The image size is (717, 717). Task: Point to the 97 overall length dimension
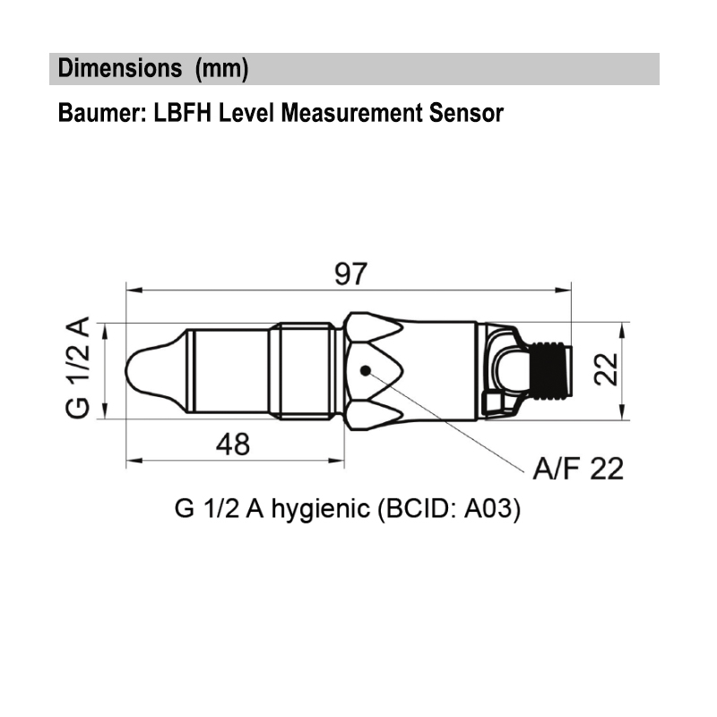click(x=350, y=272)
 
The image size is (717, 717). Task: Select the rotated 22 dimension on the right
click(x=609, y=368)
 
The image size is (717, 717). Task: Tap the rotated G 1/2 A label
click(x=78, y=368)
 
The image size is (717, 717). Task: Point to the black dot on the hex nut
click(x=365, y=370)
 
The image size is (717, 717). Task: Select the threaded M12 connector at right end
click(x=549, y=369)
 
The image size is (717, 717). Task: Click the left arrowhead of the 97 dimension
click(x=133, y=289)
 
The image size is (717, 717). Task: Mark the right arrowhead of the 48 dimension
click(x=338, y=462)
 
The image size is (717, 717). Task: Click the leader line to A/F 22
click(x=448, y=420)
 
